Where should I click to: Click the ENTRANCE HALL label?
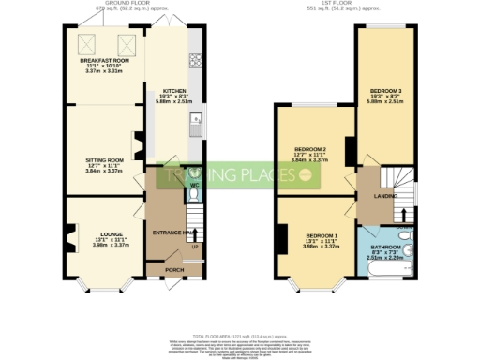click(172, 231)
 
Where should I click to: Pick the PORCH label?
click(174, 269)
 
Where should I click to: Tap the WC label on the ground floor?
click(192, 186)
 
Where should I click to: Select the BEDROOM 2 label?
click(309, 149)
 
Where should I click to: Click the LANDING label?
click(384, 196)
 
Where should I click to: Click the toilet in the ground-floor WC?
click(192, 172)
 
